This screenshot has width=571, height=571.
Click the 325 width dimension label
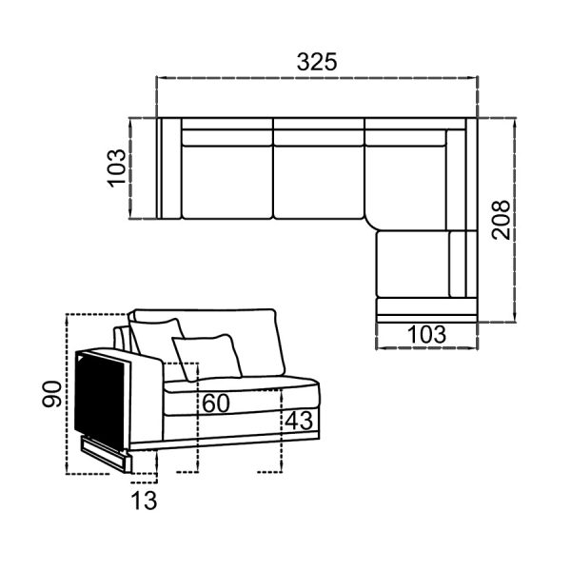pyautogui.click(x=317, y=62)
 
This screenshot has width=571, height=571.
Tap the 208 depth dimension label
pyautogui.click(x=501, y=220)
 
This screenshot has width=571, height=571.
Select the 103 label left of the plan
pyautogui.click(x=116, y=168)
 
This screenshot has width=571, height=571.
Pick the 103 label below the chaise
pyautogui.click(x=426, y=334)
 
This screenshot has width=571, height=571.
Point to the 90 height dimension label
pyautogui.click(x=51, y=394)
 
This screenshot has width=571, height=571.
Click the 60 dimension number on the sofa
pyautogui.click(x=216, y=404)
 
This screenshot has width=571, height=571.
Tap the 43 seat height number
pyautogui.click(x=299, y=421)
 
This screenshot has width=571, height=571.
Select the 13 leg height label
pyautogui.click(x=144, y=501)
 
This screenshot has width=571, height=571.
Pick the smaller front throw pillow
pyautogui.click(x=207, y=357)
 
